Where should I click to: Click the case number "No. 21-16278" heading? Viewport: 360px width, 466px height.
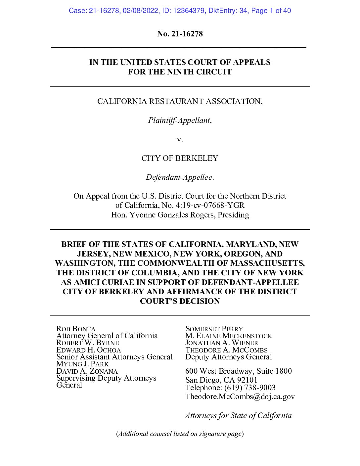(180, 34)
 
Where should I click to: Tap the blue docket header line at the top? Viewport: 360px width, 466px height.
(180, 11)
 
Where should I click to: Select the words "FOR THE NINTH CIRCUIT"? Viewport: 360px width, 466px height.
(180, 72)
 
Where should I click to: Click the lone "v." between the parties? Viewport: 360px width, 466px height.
(180, 139)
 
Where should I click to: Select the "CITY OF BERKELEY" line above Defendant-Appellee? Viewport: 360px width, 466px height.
(180, 158)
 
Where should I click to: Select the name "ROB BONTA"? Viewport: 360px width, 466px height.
(76, 329)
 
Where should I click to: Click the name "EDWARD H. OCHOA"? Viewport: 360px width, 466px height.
(88, 350)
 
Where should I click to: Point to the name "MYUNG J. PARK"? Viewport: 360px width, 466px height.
(82, 364)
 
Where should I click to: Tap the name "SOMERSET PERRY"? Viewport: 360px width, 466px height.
(214, 329)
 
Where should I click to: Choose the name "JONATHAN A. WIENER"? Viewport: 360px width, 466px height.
(221, 343)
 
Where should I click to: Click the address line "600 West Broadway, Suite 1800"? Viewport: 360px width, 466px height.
(238, 371)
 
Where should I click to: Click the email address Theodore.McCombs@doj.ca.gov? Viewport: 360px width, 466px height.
(240, 396)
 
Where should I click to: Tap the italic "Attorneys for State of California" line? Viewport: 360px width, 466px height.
(238, 415)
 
